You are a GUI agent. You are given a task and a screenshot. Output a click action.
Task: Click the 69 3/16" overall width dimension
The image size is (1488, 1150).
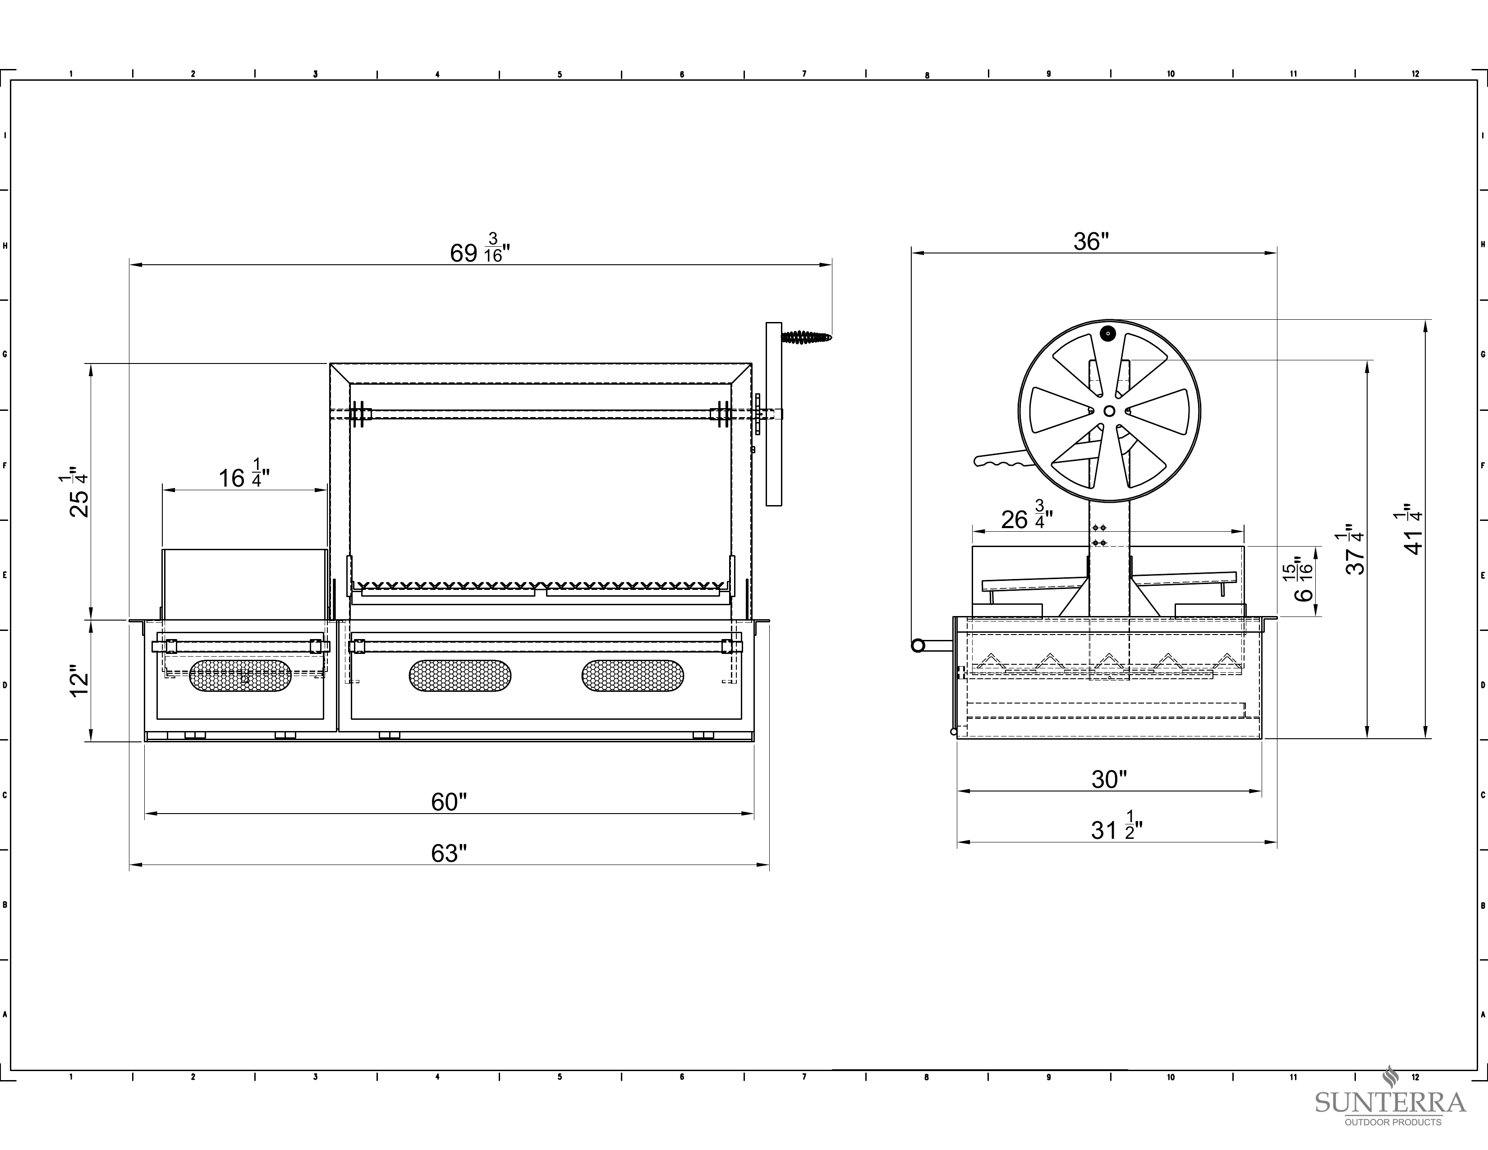[x=480, y=248]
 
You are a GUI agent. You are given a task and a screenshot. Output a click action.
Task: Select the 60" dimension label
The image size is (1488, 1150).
[x=449, y=802]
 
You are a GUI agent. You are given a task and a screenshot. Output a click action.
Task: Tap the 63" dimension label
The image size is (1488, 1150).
[x=449, y=854]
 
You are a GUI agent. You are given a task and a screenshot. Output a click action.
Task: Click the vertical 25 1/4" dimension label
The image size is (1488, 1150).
[x=78, y=492]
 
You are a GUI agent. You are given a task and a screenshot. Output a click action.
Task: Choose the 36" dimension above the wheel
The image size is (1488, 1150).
[x=1091, y=241]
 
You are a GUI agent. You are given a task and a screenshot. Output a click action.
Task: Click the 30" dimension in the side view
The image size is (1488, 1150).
[x=1109, y=779]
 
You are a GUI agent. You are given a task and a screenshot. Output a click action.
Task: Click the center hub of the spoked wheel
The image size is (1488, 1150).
[x=1109, y=411]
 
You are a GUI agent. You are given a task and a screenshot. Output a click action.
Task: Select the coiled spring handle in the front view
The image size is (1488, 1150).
[x=807, y=336]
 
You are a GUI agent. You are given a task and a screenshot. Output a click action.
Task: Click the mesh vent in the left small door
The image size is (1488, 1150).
[x=240, y=676]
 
